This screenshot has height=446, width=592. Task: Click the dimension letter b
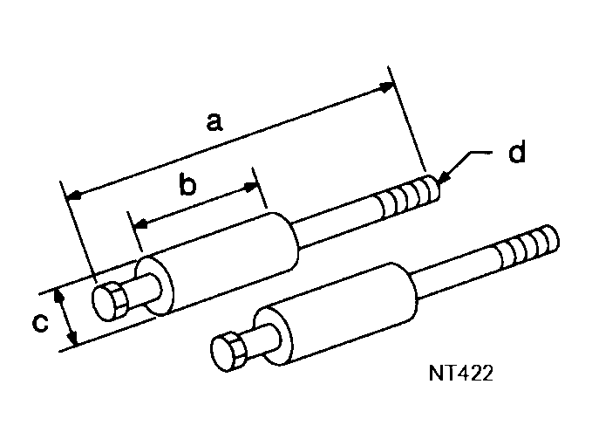(187, 185)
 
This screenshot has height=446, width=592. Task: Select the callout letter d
(516, 154)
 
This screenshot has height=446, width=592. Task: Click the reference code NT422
(461, 373)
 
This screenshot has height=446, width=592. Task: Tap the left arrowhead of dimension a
(73, 194)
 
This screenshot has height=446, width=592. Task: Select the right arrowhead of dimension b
(253, 186)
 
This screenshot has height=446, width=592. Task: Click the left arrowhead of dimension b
(137, 225)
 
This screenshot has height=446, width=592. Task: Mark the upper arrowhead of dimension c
(60, 296)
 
